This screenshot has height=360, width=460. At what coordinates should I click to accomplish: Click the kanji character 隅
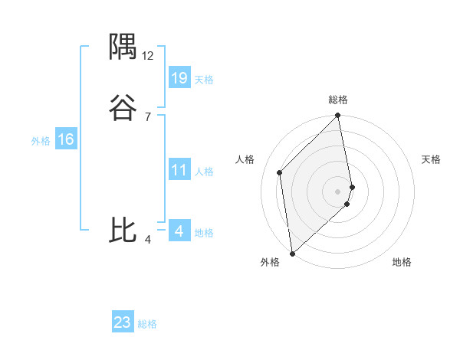click(123, 47)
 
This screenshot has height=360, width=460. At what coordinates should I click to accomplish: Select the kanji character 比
click(123, 230)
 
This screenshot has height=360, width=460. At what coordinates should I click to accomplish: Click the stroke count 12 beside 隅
click(148, 56)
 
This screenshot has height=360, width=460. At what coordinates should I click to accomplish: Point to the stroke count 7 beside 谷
click(147, 117)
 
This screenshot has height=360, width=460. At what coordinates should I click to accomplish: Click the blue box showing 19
click(179, 77)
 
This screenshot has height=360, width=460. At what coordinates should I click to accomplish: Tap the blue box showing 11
click(179, 170)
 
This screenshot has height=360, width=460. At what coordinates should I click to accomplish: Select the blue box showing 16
click(66, 139)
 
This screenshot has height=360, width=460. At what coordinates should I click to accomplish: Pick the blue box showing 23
click(123, 322)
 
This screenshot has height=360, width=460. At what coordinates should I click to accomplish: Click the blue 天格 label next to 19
click(204, 80)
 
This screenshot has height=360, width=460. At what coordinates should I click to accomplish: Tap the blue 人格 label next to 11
click(204, 172)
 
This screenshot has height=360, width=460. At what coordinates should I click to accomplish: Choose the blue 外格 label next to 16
click(41, 141)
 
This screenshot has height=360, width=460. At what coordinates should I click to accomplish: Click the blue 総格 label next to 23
click(147, 324)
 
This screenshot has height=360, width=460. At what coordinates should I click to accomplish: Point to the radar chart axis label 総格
click(338, 100)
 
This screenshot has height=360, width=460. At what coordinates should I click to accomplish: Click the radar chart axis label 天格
click(431, 159)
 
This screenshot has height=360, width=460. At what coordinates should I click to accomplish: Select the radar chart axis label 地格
click(402, 262)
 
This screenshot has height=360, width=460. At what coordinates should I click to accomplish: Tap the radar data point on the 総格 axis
click(338, 116)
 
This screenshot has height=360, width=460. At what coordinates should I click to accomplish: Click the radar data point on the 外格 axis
click(292, 253)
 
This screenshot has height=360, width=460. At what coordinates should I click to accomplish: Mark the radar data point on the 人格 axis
click(280, 172)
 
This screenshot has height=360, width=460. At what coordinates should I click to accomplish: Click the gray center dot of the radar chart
click(338, 191)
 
